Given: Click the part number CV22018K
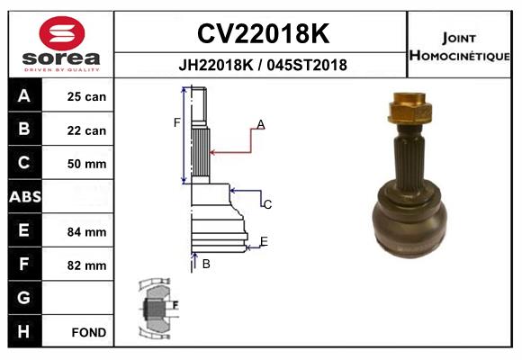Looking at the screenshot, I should click(263, 34).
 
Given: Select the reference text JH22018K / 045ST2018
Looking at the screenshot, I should click(263, 66).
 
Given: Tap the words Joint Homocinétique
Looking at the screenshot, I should click(462, 46).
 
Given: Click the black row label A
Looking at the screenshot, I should click(24, 96).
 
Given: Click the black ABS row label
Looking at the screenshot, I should click(24, 197).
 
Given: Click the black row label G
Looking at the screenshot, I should click(24, 298).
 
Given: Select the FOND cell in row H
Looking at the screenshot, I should click(88, 332).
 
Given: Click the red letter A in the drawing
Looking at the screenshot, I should click(260, 124).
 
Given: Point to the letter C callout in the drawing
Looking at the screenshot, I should click(267, 205).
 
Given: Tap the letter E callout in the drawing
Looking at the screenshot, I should click(264, 240).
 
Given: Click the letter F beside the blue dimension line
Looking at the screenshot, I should click(177, 122).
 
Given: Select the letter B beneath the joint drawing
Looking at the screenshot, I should click(206, 264).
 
